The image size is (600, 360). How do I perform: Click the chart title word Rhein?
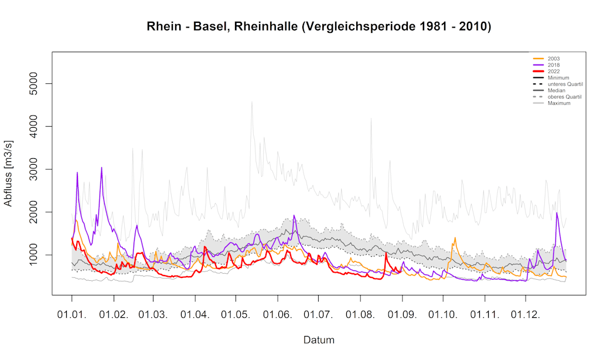(x=163, y=26)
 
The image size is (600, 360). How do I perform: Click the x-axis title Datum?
(x=319, y=339)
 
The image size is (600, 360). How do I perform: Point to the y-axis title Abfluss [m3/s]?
(x=9, y=174)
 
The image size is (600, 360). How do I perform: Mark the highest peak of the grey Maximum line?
(x=252, y=102)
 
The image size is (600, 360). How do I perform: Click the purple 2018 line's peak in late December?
(x=557, y=213)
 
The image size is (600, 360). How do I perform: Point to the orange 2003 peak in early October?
(x=455, y=238)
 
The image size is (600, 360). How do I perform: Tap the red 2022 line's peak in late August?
(x=386, y=253)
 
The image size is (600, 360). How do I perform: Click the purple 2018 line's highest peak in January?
(x=101, y=168)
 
